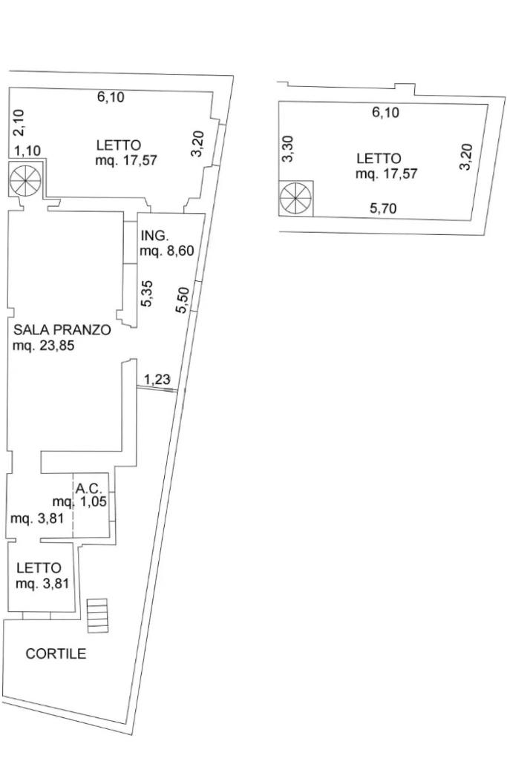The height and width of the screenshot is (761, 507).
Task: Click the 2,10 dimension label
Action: click(x=19, y=123)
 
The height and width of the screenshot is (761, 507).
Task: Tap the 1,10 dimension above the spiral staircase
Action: click(x=28, y=151)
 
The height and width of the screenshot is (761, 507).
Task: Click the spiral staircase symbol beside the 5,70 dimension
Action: click(x=295, y=199)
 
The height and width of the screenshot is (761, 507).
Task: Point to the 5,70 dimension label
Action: click(x=383, y=208)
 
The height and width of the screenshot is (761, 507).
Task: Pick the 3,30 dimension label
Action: click(x=289, y=148)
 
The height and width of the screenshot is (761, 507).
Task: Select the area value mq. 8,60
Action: click(x=166, y=251)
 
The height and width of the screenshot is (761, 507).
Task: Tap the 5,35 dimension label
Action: click(x=147, y=292)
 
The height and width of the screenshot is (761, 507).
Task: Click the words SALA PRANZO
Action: click(x=62, y=330)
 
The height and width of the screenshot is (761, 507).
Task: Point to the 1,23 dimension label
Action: click(x=157, y=380)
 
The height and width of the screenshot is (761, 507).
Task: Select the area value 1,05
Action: click(x=94, y=501)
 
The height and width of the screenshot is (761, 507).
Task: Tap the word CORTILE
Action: click(x=56, y=654)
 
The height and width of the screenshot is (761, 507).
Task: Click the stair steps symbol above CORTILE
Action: click(x=97, y=616)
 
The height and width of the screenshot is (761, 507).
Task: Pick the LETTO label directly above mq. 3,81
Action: click(x=39, y=568)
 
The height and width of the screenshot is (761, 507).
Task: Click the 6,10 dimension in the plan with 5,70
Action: click(x=385, y=113)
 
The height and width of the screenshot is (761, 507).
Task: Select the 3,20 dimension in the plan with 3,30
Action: click(x=465, y=157)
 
